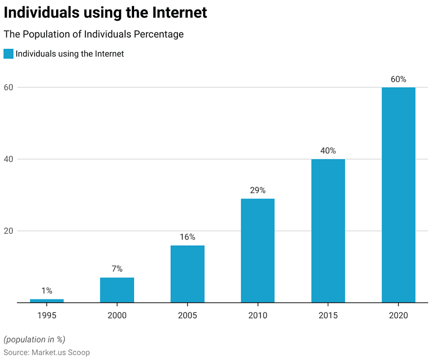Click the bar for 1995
47,301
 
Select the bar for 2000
117,290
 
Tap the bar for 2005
187,274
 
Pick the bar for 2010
258,251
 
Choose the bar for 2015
328,230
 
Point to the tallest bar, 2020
398,195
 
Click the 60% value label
398,79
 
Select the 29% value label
258,190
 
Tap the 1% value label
47,290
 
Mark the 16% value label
187,237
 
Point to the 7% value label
117,269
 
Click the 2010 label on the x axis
258,315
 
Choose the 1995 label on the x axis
47,315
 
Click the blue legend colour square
8,54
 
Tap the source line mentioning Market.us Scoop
47,352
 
